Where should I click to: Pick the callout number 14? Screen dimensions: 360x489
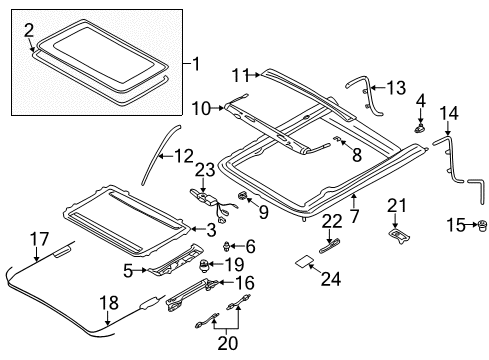pyautogui.click(x=448, y=113)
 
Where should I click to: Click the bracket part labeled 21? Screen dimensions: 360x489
pyautogui.click(x=399, y=235)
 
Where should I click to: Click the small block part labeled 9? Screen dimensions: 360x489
pyautogui.click(x=243, y=194)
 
